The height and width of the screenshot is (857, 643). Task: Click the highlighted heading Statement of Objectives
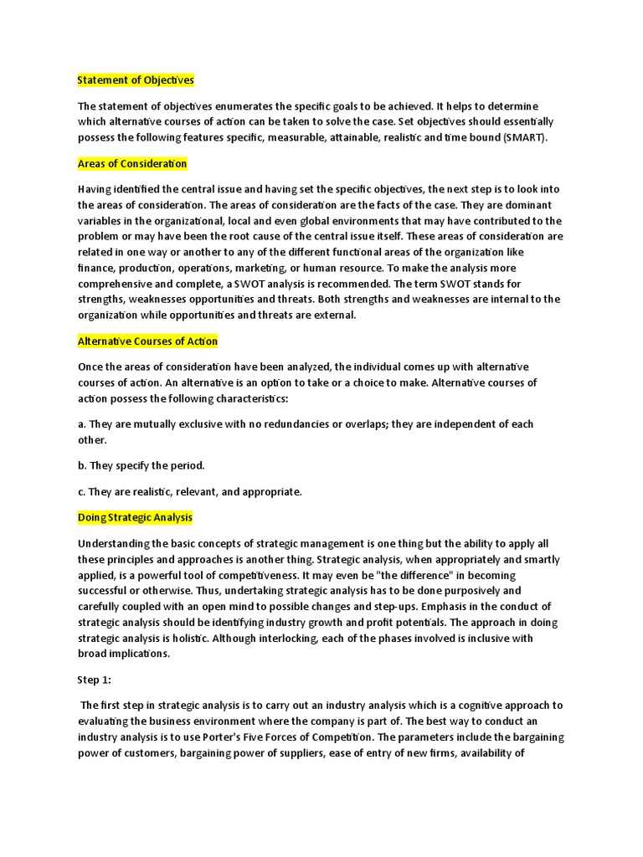point(136,80)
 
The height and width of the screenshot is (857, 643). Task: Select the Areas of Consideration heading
point(132,163)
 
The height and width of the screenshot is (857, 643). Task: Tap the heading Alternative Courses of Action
point(147,341)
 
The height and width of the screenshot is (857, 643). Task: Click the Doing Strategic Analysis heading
point(135,518)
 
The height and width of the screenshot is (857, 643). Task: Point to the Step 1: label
point(95,680)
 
